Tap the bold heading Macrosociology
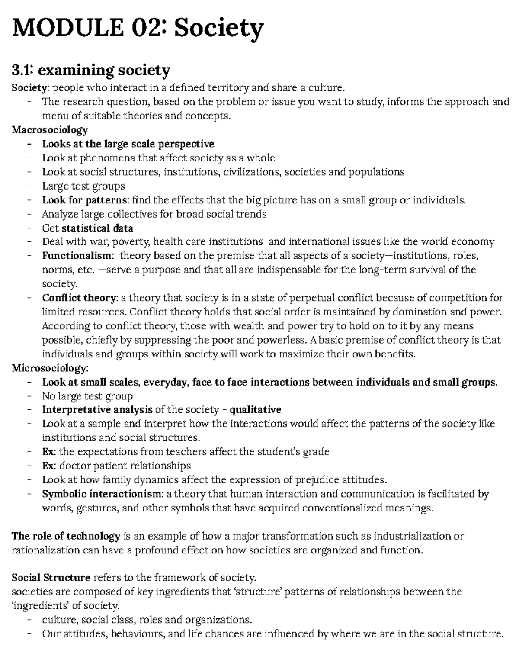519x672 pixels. pos(50,130)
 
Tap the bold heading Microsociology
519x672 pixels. pos(50,368)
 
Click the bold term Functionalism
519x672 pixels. pos(77,256)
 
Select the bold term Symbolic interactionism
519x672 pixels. pos(103,494)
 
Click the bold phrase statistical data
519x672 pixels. pos(97,228)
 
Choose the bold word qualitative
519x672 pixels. pos(255,409)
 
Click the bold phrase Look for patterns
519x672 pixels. pos(85,200)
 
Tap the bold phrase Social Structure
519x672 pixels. pos(51,578)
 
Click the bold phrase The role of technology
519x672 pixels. pos(66,536)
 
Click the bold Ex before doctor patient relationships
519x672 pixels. pos(48,466)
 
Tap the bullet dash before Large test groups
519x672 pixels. pos(29,186)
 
